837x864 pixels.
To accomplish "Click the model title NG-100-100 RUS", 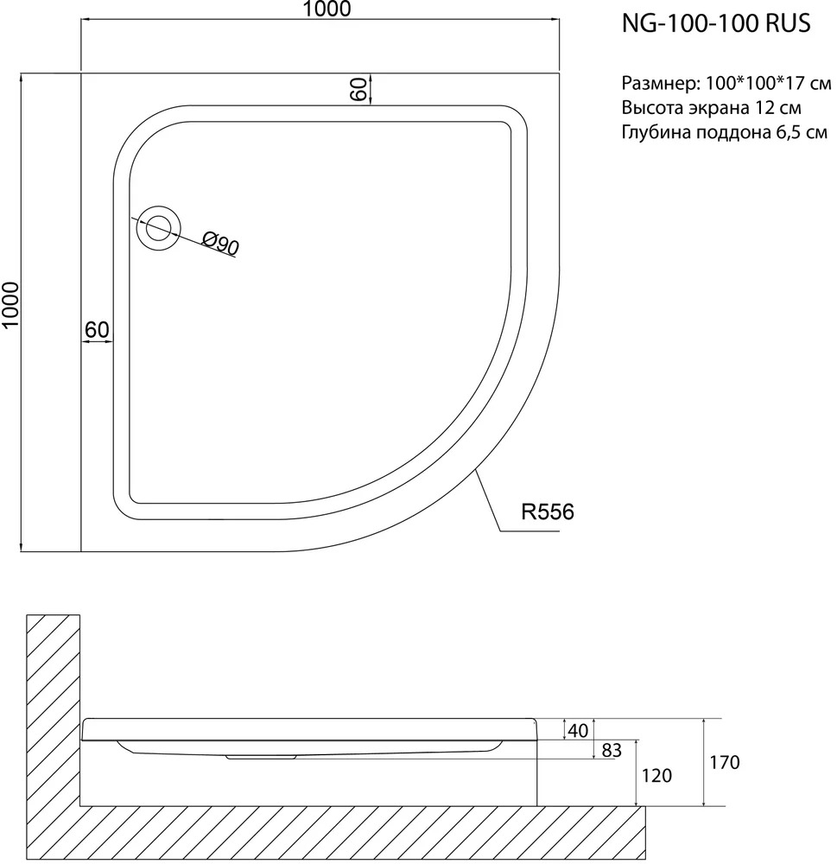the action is click(x=716, y=23).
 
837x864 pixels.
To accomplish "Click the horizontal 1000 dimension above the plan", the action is click(x=327, y=10).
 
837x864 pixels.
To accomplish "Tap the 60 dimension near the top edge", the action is click(x=358, y=89).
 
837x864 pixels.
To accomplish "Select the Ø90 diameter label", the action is click(x=220, y=244).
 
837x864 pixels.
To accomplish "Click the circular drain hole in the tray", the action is click(x=159, y=228).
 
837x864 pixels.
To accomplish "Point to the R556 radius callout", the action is click(x=547, y=511).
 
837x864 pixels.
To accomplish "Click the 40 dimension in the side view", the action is click(x=578, y=731).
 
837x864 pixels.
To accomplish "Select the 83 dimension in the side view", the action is click(x=612, y=750).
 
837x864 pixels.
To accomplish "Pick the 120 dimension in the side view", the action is click(x=656, y=775).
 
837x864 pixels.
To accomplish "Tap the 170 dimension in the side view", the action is click(x=725, y=762).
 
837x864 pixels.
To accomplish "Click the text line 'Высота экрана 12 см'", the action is click(x=712, y=107).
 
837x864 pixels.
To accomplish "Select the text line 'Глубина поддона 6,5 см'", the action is click(x=725, y=132).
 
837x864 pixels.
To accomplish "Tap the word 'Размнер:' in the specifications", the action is click(x=662, y=84).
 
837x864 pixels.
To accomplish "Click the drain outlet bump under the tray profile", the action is click(x=261, y=757).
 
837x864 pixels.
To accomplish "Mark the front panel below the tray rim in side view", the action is click(x=308, y=772).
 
